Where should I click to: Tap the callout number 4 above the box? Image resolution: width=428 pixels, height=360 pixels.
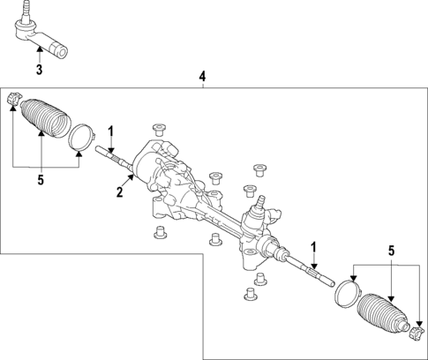coord(202,78)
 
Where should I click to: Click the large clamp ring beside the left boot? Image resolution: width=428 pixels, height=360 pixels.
coord(81,138)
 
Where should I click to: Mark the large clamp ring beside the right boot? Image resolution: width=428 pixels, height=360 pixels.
coord(346,293)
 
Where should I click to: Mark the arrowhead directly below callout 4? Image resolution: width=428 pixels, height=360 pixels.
coord(202,86)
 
